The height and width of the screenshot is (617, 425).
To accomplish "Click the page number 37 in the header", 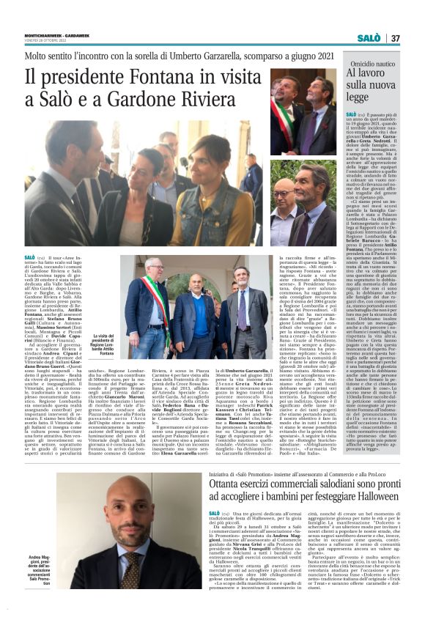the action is point(395,37).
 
